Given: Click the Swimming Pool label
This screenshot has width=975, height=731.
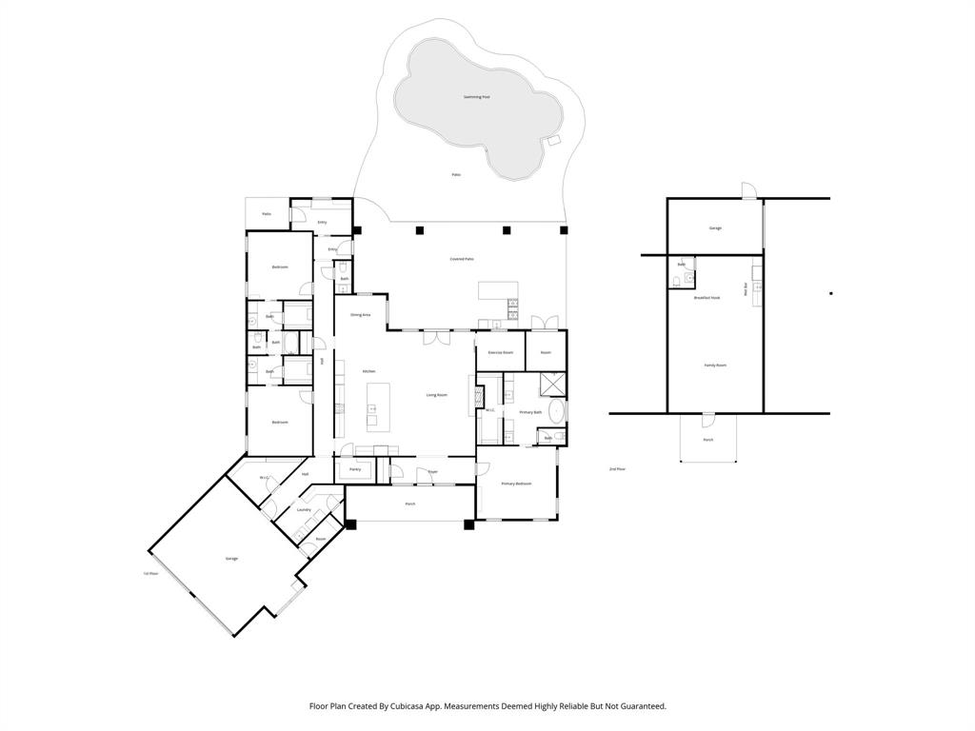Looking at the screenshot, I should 476,97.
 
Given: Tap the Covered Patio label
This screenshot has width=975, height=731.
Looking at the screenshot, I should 462,259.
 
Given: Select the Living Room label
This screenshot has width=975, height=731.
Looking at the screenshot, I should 436,395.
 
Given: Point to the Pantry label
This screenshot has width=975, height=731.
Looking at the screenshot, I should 355,469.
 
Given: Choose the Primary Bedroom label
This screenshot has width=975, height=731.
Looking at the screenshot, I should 516,484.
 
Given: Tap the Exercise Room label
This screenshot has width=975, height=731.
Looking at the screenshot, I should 500,352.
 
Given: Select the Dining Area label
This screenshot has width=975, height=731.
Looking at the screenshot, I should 360,314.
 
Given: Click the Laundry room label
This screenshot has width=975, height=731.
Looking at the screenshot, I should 304,510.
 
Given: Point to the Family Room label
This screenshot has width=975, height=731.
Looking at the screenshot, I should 714,365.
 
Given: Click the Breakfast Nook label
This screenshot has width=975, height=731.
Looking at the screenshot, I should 706,298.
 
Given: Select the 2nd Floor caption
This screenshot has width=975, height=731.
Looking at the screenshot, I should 617,469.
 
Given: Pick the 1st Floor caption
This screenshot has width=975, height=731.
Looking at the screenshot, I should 150,573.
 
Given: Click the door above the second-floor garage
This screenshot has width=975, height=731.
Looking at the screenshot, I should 749,190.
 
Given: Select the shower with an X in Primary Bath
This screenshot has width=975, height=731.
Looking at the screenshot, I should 551,385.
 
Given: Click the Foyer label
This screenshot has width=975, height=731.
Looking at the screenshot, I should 432,471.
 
